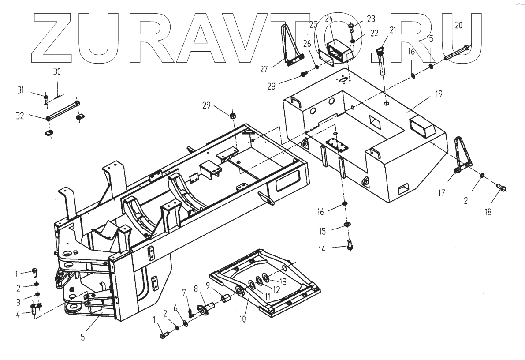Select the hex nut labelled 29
(232, 116)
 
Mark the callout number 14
(323, 249)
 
